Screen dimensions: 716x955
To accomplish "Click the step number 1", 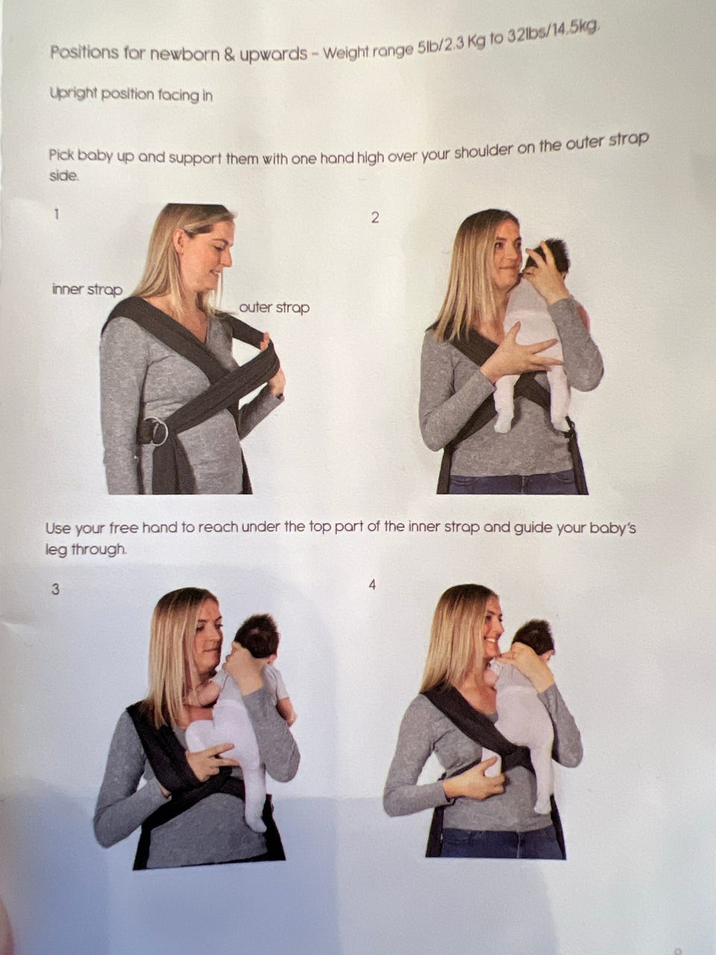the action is pyautogui.click(x=56, y=214).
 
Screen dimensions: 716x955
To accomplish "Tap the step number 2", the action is pyautogui.click(x=375, y=218).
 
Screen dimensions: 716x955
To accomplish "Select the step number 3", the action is pyautogui.click(x=55, y=589).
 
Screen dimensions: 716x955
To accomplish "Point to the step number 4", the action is pyautogui.click(x=372, y=585).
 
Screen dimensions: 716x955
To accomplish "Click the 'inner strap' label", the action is pyautogui.click(x=87, y=289).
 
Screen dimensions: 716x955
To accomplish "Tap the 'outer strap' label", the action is pyautogui.click(x=274, y=307).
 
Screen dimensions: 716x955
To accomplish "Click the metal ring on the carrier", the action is pyautogui.click(x=157, y=430).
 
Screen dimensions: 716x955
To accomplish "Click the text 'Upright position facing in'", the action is pyautogui.click(x=131, y=95).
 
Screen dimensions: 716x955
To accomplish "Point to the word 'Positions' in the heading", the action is pyautogui.click(x=84, y=53).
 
